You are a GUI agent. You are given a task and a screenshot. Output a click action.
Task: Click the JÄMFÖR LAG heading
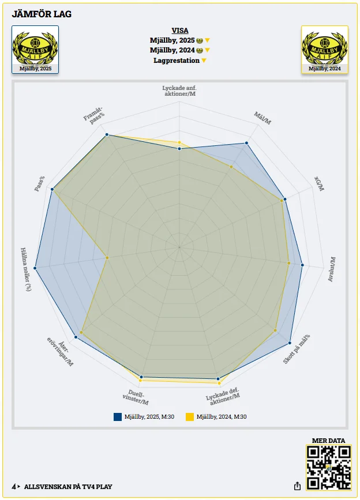pos(42,14)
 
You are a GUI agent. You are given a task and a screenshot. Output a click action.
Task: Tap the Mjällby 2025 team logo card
pos(35,50)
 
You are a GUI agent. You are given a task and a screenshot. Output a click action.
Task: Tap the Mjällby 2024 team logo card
pos(325,50)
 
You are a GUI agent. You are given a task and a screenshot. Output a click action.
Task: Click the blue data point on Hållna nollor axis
pos(35,268)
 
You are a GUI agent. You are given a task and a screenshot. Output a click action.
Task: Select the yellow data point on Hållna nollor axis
pos(107,258)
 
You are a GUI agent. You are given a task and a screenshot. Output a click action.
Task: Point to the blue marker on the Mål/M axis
pos(246,143)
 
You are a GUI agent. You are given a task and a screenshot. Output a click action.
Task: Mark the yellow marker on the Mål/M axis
pos(231,167)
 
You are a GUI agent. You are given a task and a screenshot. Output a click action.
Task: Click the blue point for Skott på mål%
pos(290,343)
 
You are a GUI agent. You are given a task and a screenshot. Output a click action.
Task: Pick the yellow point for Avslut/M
pos(289,263)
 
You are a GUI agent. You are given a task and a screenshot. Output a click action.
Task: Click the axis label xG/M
pos(319,183)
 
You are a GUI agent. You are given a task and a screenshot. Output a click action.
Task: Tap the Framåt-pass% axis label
pos(94,115)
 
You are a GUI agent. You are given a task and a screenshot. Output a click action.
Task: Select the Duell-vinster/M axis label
pos(136,397)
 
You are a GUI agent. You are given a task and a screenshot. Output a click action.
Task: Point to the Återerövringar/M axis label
pos(61,351)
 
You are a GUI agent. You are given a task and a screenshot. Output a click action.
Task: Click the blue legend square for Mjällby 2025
pos(118,417)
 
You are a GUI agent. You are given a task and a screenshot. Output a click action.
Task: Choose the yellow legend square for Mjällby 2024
pos(190,417)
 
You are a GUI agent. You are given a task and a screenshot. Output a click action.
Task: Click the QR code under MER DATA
pos(328,468)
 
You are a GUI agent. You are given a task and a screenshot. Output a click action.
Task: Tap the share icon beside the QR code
pos(297,486)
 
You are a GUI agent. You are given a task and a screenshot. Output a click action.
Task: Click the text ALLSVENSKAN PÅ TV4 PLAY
pos(68,487)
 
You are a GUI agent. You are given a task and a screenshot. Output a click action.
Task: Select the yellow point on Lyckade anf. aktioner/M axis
pos(179,142)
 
